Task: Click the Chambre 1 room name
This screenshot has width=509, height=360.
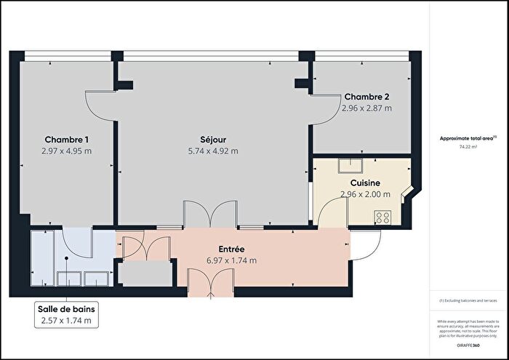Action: click(67, 140)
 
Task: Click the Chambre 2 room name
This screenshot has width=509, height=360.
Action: click(366, 97)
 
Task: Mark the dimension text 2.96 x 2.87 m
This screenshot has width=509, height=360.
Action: click(366, 108)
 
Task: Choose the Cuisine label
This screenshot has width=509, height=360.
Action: click(366, 183)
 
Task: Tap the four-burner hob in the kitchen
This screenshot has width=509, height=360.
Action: click(382, 216)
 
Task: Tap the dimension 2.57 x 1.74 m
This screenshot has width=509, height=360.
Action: click(66, 320)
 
